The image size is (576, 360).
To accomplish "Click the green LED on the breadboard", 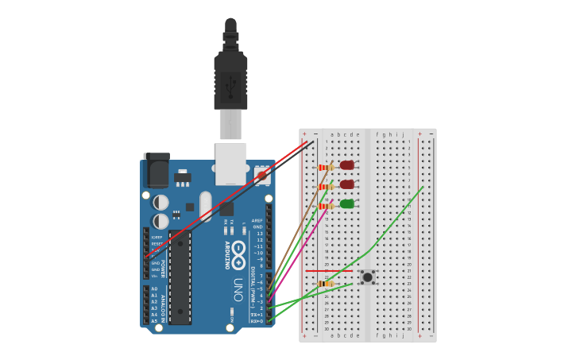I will click(347, 204).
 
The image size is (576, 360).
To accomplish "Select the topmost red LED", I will click(347, 165).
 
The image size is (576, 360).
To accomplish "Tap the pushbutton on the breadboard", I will click(367, 277).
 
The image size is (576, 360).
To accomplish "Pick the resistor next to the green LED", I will click(326, 206).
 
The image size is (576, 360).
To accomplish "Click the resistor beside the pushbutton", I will click(326, 284).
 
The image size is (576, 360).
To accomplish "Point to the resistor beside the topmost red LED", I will click(326, 168).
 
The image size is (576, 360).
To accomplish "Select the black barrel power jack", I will click(157, 170).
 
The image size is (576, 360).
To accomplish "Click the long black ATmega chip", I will click(180, 277).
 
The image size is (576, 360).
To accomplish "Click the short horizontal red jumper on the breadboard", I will click(328, 271).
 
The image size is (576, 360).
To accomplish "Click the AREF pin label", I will click(257, 221).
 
